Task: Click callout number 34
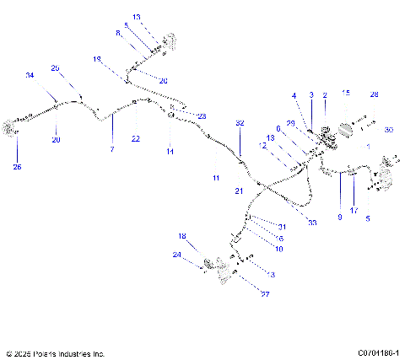coord(30,76)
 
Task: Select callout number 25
coord(17,167)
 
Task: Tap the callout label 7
coord(110,148)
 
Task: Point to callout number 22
coord(135,138)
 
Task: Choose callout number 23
coord(202,116)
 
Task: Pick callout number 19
coord(97,59)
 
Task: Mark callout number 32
coord(240,123)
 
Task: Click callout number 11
coord(215,179)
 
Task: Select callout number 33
coord(289,223)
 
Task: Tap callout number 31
coord(283,227)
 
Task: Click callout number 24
coord(176,255)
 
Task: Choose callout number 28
coord(374,94)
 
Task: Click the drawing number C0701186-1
coord(378,353)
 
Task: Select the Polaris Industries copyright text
coord(55,353)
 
